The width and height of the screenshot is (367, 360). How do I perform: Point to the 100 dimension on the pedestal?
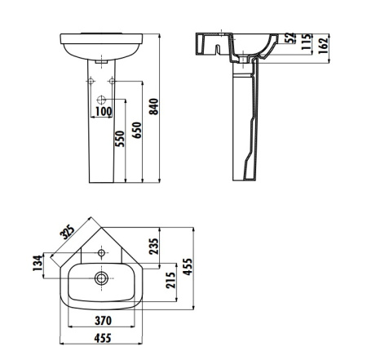pyautogui.click(x=104, y=110)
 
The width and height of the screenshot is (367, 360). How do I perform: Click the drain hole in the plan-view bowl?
pyautogui.click(x=101, y=278)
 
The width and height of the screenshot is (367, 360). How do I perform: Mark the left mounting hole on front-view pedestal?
pyautogui.click(x=89, y=81)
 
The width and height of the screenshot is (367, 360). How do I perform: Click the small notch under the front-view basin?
pyautogui.click(x=101, y=61)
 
